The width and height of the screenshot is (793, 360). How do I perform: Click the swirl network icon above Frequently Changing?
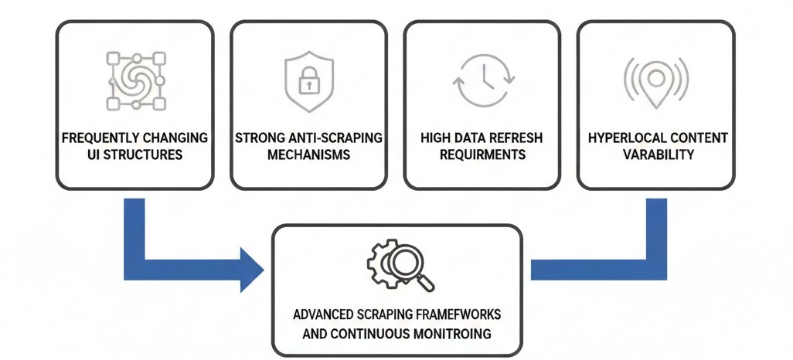[x=134, y=81]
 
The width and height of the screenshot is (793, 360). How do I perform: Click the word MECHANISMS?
[x=308, y=155]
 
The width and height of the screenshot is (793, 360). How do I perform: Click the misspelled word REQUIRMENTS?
[x=482, y=155]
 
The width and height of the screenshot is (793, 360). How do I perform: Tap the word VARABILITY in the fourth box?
[x=655, y=155]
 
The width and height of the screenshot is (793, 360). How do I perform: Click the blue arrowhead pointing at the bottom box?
[x=252, y=269]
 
